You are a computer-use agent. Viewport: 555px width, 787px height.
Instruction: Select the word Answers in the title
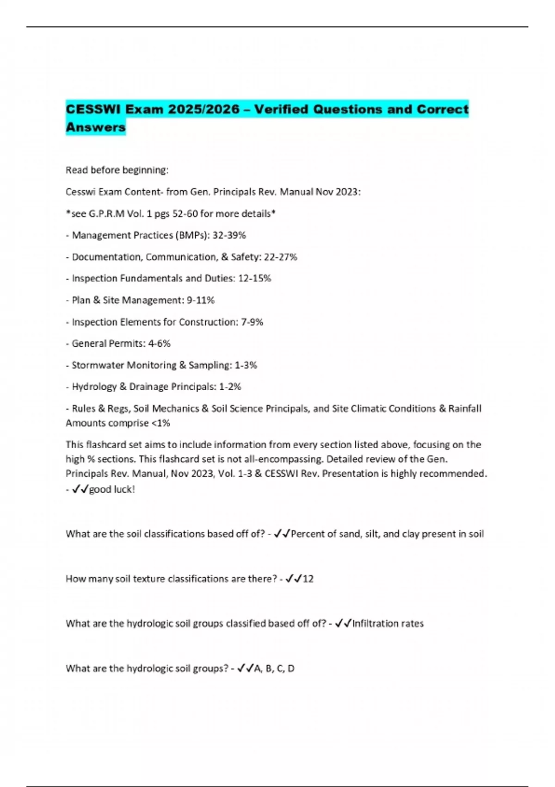[x=96, y=127]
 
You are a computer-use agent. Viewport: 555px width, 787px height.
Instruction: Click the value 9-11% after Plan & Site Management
[x=201, y=300]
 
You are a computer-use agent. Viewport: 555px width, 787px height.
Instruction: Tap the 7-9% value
[x=252, y=322]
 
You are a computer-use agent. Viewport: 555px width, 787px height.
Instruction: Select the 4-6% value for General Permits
[x=160, y=344]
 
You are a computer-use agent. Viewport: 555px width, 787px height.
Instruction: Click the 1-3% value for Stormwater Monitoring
[x=246, y=365]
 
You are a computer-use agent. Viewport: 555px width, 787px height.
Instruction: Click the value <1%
[x=160, y=423]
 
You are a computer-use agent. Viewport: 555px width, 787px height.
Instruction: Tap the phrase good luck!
[x=112, y=489]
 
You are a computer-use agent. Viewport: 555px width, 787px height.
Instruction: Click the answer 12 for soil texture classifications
[x=308, y=579]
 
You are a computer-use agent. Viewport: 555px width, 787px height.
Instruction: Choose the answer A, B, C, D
[x=274, y=668]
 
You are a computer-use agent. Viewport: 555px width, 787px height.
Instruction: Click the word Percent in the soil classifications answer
[x=307, y=534]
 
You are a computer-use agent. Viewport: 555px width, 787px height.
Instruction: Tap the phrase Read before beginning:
[x=117, y=170]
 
